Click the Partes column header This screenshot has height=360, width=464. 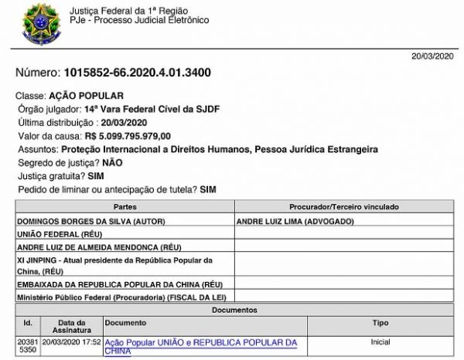(x=125, y=209)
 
